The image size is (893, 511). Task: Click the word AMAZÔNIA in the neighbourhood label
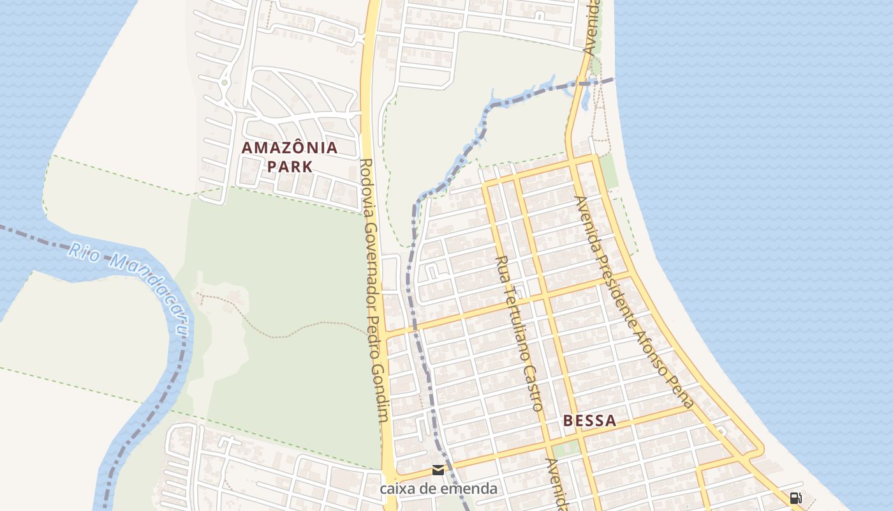point(290,148)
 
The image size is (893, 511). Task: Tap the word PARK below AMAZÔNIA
point(290,167)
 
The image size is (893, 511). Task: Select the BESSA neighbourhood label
point(590,420)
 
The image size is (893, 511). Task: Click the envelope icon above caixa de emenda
point(438,471)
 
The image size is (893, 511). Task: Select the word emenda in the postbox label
point(470,489)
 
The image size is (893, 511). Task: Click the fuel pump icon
point(795,498)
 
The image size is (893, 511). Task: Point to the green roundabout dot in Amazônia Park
point(225,82)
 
